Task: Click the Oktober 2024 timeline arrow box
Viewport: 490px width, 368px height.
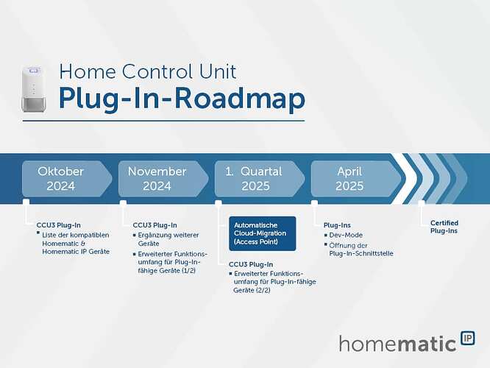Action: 67,179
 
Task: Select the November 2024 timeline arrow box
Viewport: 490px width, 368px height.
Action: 163,179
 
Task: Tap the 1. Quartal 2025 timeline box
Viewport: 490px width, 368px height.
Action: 260,179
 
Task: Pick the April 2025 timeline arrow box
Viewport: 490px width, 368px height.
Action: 356,179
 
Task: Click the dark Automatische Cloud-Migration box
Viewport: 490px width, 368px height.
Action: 263,233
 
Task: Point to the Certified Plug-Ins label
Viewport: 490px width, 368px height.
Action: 444,227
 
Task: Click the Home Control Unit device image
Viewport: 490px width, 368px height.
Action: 34,88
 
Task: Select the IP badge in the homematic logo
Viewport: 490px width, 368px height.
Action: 468,339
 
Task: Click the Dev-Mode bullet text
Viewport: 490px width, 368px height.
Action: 346,235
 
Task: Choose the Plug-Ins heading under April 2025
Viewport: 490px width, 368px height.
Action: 337,225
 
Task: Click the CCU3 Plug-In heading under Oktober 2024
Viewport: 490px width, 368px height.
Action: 58,225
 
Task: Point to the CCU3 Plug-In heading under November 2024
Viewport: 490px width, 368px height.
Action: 155,225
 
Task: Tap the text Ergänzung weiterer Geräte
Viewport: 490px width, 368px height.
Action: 168,239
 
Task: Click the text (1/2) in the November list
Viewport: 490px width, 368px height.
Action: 188,270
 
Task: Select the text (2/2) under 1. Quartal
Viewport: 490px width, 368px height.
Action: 263,290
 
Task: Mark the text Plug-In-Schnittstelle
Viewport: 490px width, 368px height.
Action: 361,253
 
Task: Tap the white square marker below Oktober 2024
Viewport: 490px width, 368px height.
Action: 26,203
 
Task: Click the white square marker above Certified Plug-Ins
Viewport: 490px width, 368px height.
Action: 422,203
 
